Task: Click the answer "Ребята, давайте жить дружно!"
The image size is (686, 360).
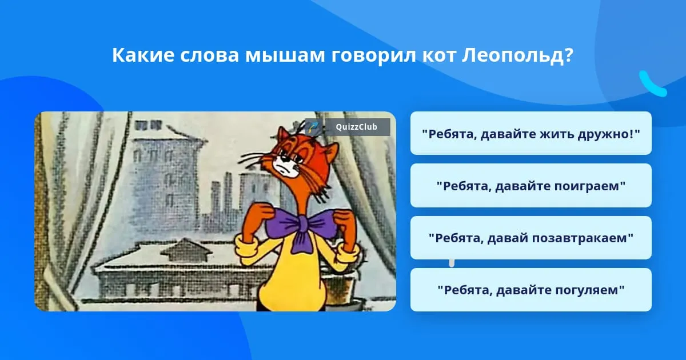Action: pyautogui.click(x=531, y=134)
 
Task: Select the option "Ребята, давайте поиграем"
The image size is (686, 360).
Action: pyautogui.click(x=531, y=186)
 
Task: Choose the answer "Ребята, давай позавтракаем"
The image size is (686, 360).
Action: pyautogui.click(x=531, y=238)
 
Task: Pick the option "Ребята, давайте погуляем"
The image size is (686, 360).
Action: pyautogui.click(x=531, y=290)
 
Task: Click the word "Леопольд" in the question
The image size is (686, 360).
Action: pyautogui.click(x=517, y=56)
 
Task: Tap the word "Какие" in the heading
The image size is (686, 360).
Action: pyautogui.click(x=143, y=55)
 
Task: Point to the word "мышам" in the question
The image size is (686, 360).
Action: pyautogui.click(x=285, y=56)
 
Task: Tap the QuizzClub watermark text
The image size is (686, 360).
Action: pyautogui.click(x=356, y=127)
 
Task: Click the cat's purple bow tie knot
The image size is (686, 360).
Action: pyautogui.click(x=302, y=224)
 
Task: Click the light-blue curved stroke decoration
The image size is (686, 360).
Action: pyautogui.click(x=652, y=84)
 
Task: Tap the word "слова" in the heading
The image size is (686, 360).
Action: pyautogui.click(x=209, y=56)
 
